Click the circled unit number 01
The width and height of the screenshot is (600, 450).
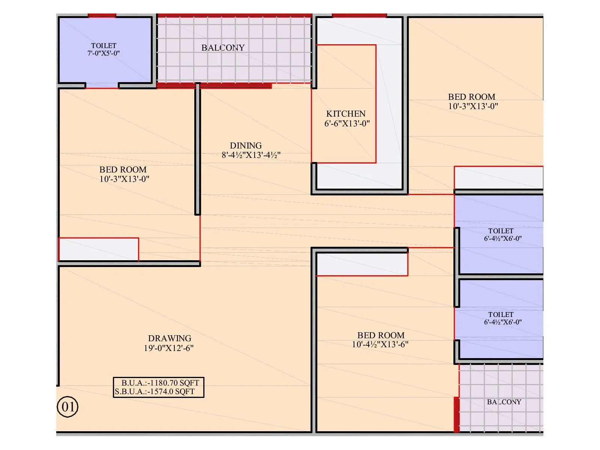click(x=67, y=407)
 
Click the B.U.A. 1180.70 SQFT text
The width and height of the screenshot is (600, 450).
click(x=160, y=383)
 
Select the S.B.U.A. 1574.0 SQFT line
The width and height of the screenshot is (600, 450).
click(x=155, y=392)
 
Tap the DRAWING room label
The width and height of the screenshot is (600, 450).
click(x=169, y=338)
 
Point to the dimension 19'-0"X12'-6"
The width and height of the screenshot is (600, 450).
click(x=169, y=348)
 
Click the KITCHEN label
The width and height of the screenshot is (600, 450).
click(x=346, y=114)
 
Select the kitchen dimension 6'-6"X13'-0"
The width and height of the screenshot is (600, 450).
click(x=347, y=123)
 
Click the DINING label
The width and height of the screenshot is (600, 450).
click(x=246, y=145)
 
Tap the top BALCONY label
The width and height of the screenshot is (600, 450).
click(x=223, y=48)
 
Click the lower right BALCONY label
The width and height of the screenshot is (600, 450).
click(x=504, y=402)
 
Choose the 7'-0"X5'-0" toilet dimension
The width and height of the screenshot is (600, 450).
click(x=103, y=53)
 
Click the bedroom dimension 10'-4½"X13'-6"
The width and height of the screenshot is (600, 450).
click(x=380, y=345)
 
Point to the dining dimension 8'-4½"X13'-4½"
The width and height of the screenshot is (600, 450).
click(x=251, y=155)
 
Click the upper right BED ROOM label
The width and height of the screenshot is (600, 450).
click(x=471, y=97)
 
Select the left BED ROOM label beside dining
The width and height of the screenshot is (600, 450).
click(x=123, y=169)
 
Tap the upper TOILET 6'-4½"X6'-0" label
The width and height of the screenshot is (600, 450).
click(x=501, y=231)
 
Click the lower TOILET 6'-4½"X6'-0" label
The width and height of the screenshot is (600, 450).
click(x=501, y=315)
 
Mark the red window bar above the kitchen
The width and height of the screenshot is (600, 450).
click(x=359, y=16)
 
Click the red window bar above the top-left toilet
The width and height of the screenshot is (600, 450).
click(x=102, y=16)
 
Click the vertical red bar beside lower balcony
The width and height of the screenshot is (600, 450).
click(x=456, y=414)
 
